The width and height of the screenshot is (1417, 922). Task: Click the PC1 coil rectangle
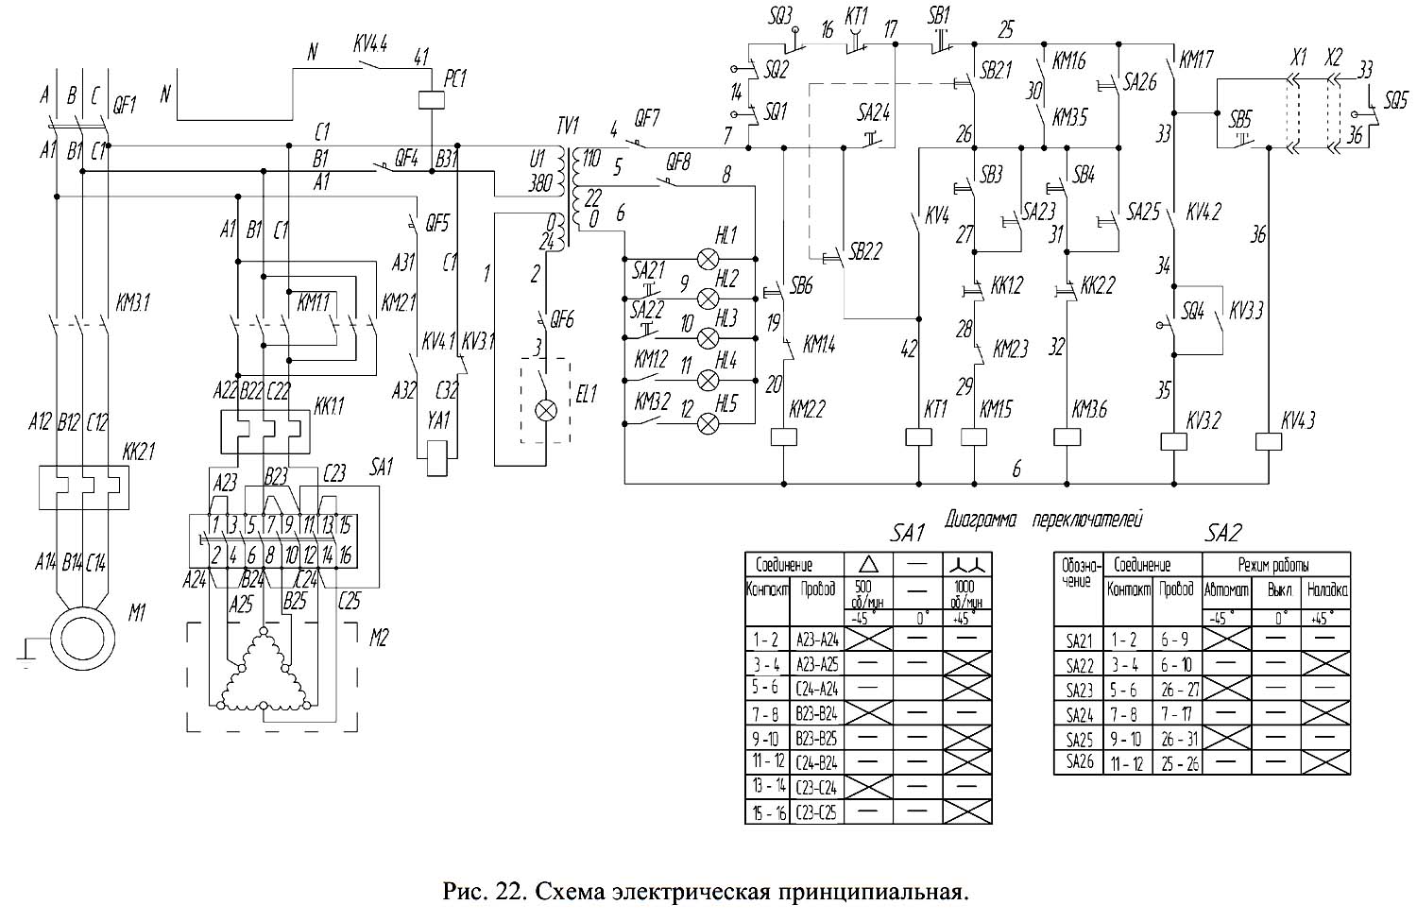click(432, 99)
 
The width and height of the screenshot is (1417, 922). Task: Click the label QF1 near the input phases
click(124, 106)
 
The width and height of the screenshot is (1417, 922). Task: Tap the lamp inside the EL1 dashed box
click(545, 410)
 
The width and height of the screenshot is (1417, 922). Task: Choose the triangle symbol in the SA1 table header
click(869, 565)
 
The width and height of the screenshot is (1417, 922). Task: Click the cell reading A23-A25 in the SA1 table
click(817, 664)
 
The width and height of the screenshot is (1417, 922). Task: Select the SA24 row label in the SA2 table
click(1078, 715)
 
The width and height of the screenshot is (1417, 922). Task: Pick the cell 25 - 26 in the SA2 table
click(1180, 763)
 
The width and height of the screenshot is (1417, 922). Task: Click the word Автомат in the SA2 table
click(1225, 591)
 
